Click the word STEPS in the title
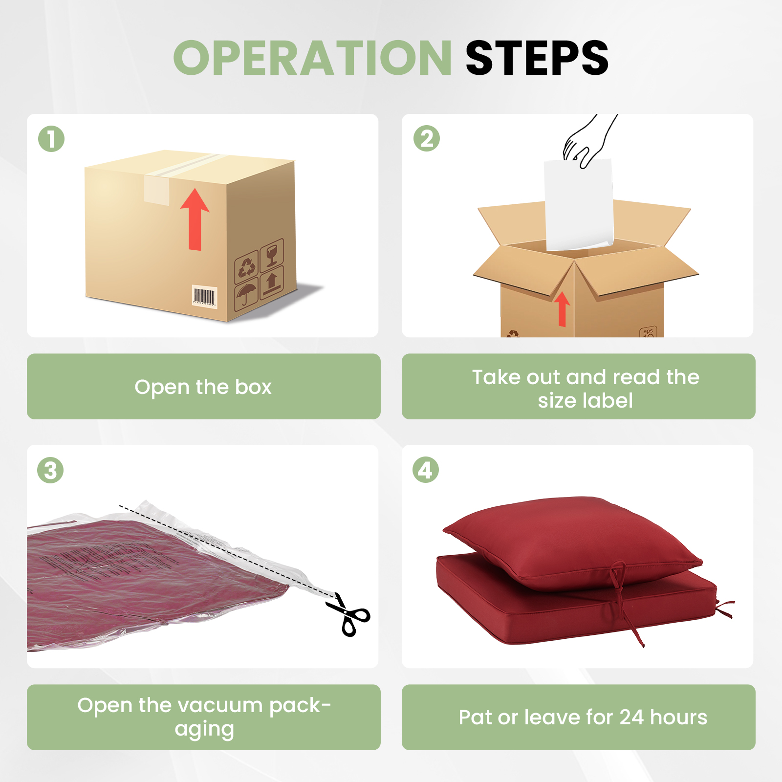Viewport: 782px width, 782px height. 537,58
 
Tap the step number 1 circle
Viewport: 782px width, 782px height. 51,139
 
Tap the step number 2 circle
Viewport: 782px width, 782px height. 427,138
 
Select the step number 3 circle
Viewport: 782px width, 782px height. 50,470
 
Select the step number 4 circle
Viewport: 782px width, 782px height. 426,470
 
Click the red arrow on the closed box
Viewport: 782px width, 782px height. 195,219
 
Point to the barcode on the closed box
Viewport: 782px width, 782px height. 204,297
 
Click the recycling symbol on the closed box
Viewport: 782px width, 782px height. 246,267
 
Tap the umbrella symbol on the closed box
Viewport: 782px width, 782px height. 246,294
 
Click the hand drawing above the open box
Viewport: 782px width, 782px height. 589,141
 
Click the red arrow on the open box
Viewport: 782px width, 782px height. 562,309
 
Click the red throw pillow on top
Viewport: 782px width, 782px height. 572,543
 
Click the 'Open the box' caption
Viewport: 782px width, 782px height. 203,387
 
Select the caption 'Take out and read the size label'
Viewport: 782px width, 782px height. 586,389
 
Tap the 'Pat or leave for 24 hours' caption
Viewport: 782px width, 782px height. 583,717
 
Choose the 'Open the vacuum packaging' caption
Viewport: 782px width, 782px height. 204,717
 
